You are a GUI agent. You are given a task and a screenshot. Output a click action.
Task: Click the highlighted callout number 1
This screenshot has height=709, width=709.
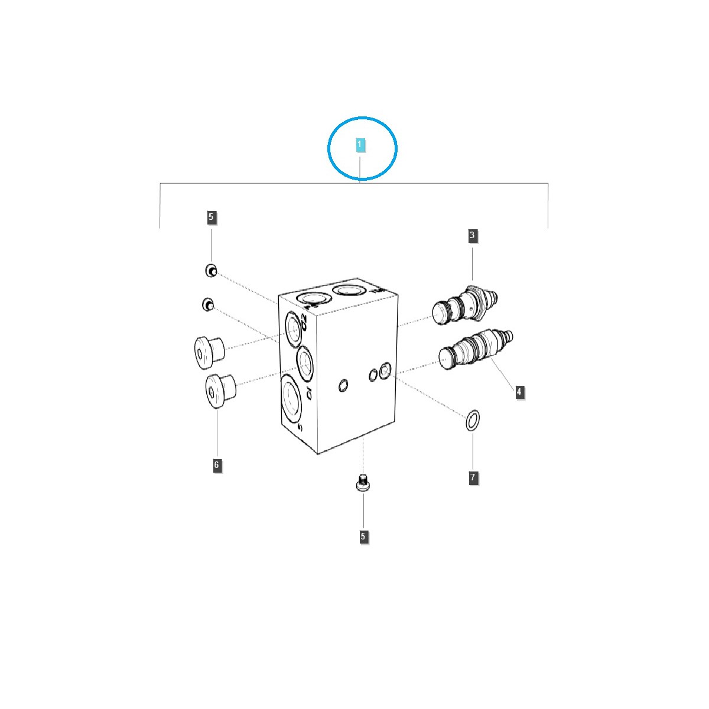pyautogui.click(x=359, y=144)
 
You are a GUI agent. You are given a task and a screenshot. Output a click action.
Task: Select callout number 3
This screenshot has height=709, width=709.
pyautogui.click(x=472, y=236)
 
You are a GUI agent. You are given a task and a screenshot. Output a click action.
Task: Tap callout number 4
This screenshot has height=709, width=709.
pyautogui.click(x=519, y=391)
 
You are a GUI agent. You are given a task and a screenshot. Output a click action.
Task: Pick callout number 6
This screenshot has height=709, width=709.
pyautogui.click(x=217, y=465)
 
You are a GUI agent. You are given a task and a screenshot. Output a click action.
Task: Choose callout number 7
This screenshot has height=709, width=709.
pyautogui.click(x=473, y=477)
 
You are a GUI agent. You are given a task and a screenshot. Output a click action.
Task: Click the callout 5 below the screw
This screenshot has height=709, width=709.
pyautogui.click(x=363, y=536)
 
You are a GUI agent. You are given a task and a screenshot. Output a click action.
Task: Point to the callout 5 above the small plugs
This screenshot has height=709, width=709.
pyautogui.click(x=212, y=217)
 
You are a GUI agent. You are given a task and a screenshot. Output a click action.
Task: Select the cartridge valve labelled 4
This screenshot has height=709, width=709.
pyautogui.click(x=476, y=351)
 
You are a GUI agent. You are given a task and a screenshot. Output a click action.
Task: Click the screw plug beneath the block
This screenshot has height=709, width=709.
pyautogui.click(x=363, y=484)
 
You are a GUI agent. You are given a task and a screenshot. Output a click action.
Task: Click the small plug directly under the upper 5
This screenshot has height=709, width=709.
pyautogui.click(x=210, y=271)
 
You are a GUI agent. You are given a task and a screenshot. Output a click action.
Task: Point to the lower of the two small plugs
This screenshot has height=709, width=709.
pyautogui.click(x=207, y=304)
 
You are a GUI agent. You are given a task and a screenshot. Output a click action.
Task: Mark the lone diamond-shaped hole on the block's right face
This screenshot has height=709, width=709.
pyautogui.click(x=342, y=386)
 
